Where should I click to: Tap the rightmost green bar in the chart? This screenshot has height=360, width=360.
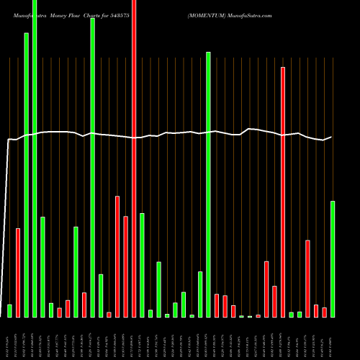[333, 259]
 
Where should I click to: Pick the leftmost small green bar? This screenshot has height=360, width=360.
[9, 310]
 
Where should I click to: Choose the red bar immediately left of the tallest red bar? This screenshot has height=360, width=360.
[125, 266]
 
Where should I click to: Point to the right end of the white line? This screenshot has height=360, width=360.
[331, 137]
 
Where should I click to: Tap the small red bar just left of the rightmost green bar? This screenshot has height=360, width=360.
[324, 312]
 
